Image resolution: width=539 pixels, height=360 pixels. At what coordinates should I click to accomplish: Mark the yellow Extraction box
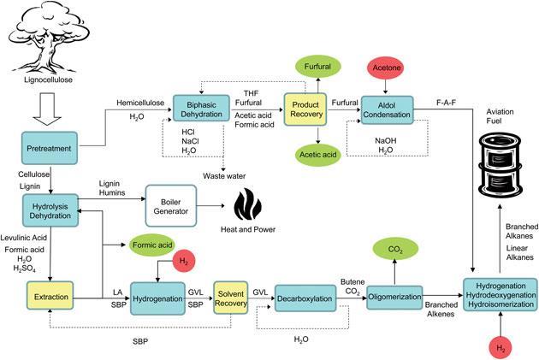[50, 298]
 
